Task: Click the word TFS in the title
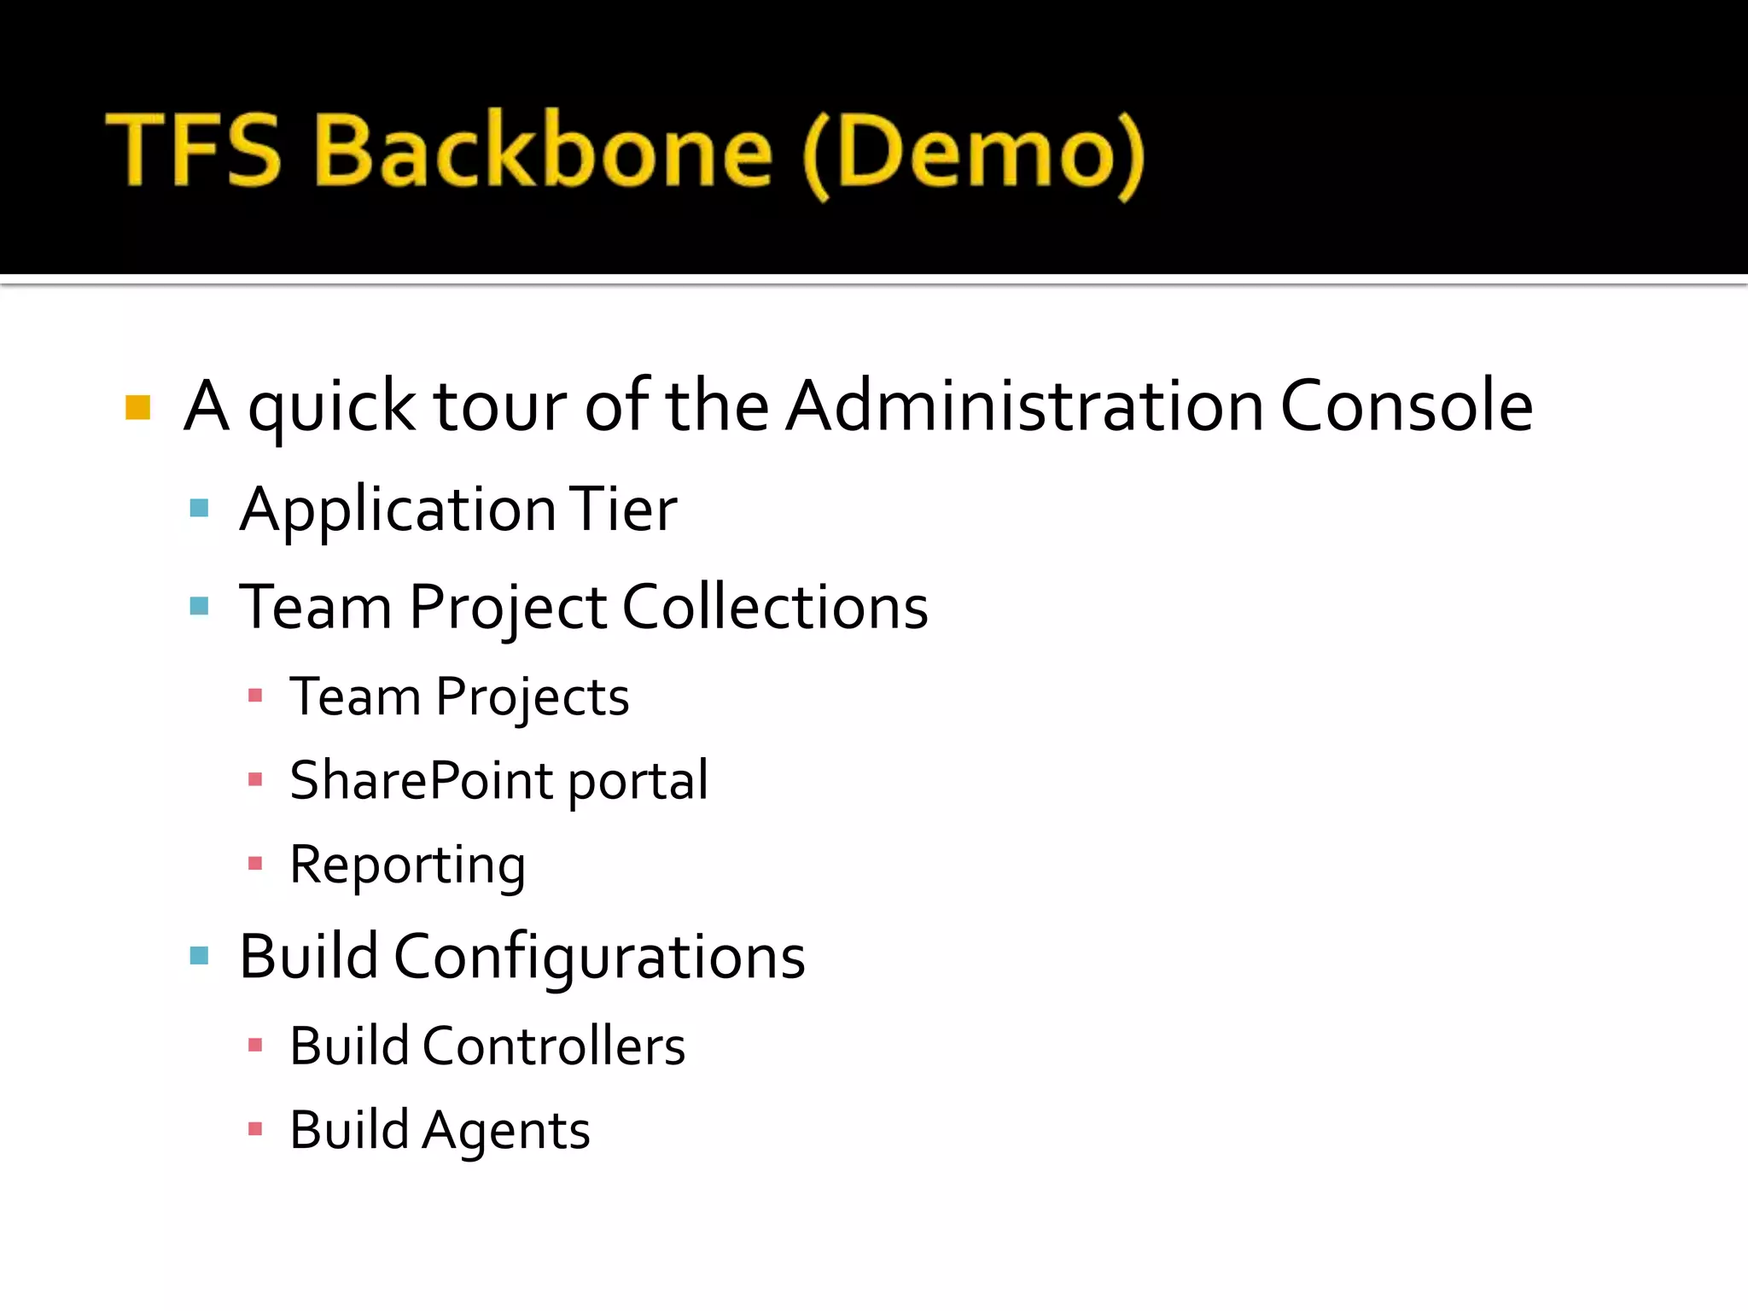pyautogui.click(x=194, y=150)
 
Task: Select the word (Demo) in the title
pyautogui.click(x=973, y=154)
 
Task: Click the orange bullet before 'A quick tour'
pyautogui.click(x=137, y=407)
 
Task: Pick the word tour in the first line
pyautogui.click(x=500, y=407)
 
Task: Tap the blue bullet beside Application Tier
pyautogui.click(x=200, y=509)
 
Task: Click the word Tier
pyautogui.click(x=622, y=509)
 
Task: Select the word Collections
pyautogui.click(x=775, y=607)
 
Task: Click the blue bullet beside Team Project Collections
pyautogui.click(x=200, y=607)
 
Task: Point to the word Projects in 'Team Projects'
pyautogui.click(x=533, y=697)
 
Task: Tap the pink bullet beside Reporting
pyautogui.click(x=254, y=864)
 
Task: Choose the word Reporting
pyautogui.click(x=408, y=865)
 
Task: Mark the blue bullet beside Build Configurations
pyautogui.click(x=200, y=955)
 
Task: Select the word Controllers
pyautogui.click(x=554, y=1046)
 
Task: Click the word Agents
pyautogui.click(x=506, y=1131)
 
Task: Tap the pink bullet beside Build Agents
pyautogui.click(x=254, y=1129)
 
